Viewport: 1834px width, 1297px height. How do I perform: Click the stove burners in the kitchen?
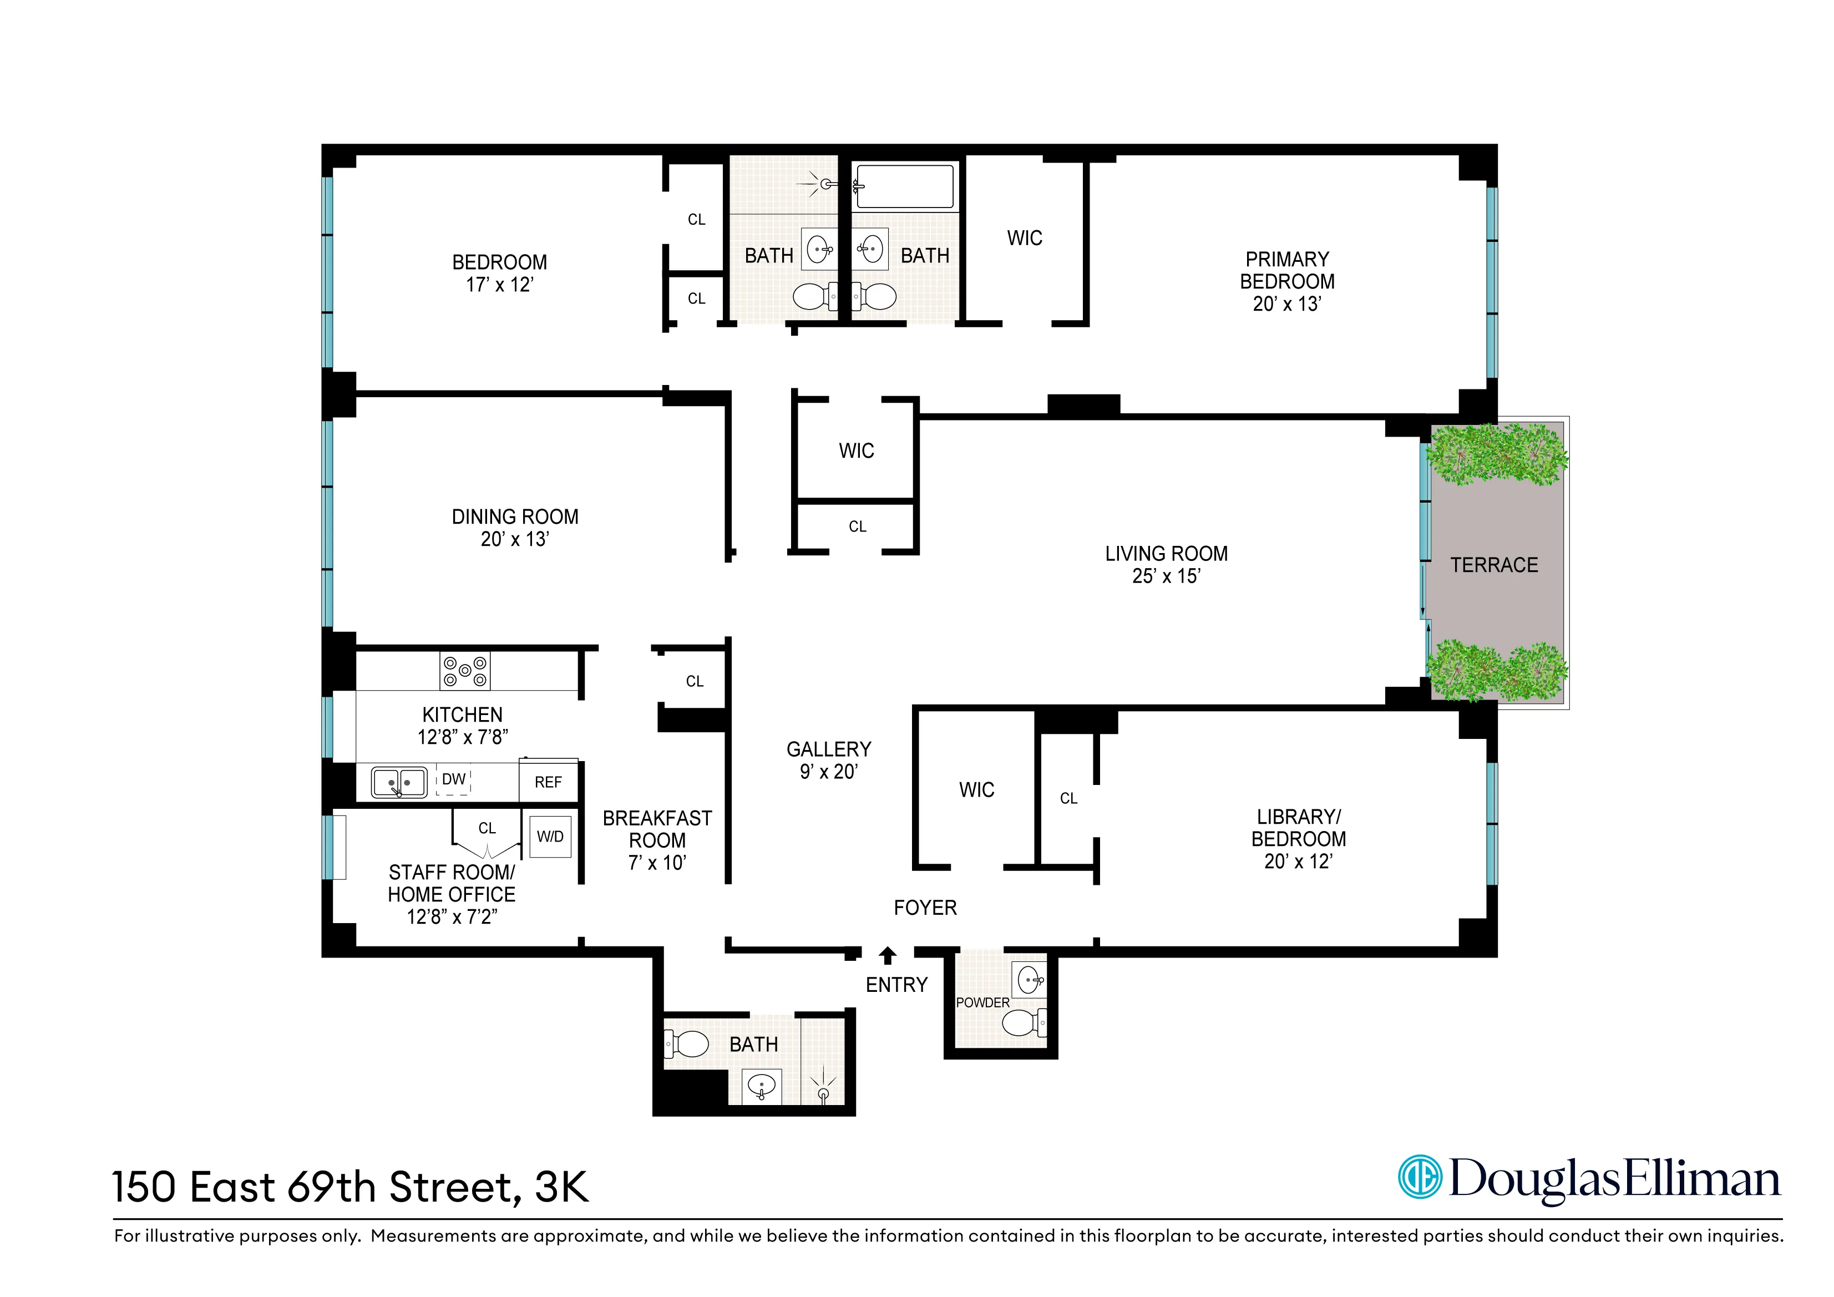pos(465,670)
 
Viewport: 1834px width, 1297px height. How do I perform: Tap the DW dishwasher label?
pos(454,779)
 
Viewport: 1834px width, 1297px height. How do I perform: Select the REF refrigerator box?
pos(548,782)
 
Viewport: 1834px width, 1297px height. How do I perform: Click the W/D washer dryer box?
pos(550,836)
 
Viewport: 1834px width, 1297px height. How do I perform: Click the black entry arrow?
pos(888,955)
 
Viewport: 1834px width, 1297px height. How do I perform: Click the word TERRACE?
pos(1494,565)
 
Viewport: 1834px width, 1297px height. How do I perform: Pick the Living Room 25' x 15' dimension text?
pos(1166,576)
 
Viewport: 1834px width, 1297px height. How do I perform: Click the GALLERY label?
pos(828,749)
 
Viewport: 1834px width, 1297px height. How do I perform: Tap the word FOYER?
pos(925,908)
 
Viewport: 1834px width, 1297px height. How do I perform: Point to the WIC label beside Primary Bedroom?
pos(1024,238)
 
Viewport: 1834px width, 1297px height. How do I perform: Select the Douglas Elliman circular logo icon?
pos(1420,1177)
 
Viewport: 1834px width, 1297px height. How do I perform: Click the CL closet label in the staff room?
pos(487,828)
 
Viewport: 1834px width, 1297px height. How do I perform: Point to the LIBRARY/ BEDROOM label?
pos(1298,828)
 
